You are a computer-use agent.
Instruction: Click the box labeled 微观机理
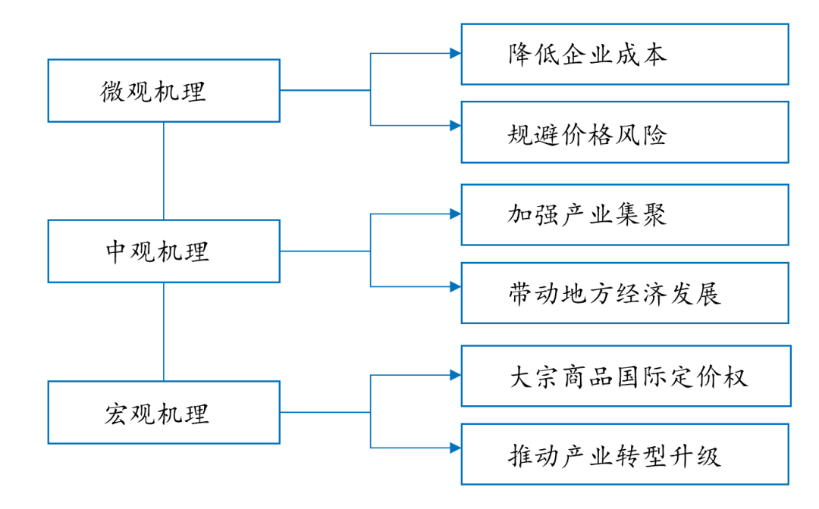pos(164,91)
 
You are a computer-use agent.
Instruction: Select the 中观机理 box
pos(164,251)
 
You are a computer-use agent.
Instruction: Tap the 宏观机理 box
pos(164,413)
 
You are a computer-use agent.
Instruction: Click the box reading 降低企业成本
pos(625,54)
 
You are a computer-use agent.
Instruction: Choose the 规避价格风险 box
pos(625,133)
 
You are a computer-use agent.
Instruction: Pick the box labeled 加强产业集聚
pos(625,215)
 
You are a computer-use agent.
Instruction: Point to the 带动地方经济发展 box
pos(625,293)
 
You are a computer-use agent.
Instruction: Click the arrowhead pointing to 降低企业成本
pos(455,54)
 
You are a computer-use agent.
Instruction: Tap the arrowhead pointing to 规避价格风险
pos(455,126)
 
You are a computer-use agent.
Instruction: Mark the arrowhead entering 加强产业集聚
pos(455,214)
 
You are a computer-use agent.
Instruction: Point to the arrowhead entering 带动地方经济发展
pos(455,286)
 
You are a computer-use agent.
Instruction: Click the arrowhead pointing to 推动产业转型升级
pos(455,448)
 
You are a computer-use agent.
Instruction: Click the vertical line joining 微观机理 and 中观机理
pos(164,171)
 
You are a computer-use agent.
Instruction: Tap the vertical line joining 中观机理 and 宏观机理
pos(164,332)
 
